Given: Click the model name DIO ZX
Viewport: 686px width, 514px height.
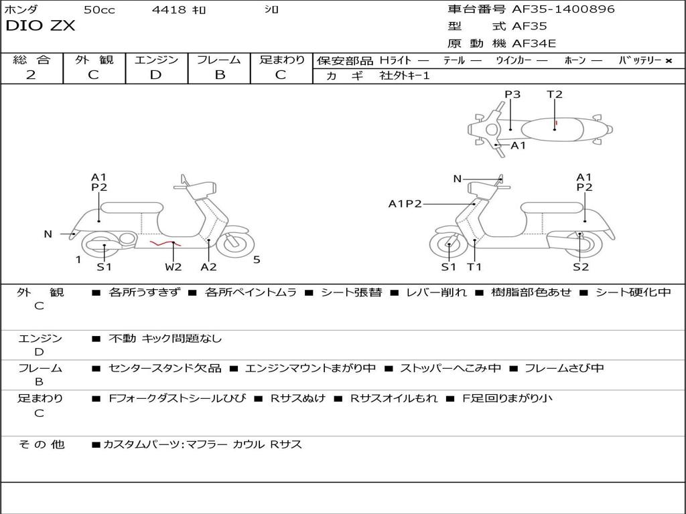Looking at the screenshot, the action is coord(40,26).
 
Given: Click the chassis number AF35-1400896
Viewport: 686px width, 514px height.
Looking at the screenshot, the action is coord(563,9).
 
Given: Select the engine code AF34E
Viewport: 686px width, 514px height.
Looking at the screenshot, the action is coord(534,44).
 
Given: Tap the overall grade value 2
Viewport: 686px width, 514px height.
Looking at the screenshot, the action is coord(31,75).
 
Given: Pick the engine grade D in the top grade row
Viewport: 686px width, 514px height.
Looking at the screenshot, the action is coord(155,75).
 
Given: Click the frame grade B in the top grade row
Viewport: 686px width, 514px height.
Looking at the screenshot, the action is coord(220,75).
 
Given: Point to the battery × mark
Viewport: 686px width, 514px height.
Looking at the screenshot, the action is coord(669,61).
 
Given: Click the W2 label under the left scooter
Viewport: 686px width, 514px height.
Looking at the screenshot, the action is coord(174,266).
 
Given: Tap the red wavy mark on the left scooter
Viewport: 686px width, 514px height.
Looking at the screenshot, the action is coord(165,244).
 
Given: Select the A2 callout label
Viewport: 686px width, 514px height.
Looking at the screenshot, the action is coord(209,266).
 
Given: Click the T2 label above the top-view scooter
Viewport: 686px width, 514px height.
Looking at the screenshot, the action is coord(554,94).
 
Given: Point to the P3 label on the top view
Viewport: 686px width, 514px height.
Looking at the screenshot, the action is coord(512,94).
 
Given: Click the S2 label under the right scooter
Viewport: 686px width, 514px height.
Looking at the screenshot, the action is coord(581,266).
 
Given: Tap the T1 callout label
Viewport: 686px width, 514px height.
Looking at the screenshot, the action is coord(474,266).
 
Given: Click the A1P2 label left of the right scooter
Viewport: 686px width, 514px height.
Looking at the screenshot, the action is coord(405,203).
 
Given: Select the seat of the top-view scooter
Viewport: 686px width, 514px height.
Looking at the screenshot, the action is coord(553,130).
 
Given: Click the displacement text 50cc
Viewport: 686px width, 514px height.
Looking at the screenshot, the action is coord(99,9).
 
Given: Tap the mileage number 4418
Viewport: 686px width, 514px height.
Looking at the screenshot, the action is coord(169,9).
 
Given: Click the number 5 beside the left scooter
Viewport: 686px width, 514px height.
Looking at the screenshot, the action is coord(257,260).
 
